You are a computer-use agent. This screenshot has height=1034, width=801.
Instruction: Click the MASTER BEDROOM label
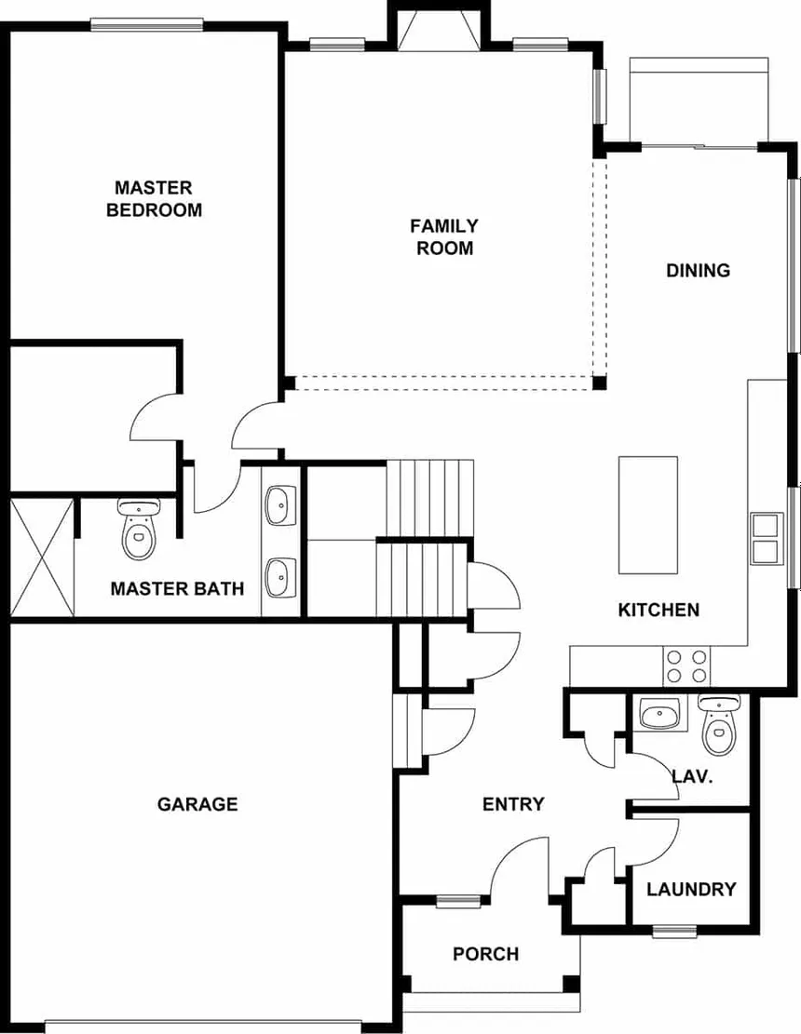click(154, 198)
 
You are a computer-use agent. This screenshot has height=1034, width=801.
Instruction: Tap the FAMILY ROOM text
click(444, 236)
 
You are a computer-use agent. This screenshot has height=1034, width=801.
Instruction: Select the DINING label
click(698, 271)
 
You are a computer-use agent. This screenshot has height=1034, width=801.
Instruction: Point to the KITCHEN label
click(658, 611)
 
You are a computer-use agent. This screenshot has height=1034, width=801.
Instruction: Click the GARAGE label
click(197, 804)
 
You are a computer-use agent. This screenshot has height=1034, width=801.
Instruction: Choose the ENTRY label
click(513, 804)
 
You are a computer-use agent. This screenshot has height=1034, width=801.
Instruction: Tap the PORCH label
click(485, 954)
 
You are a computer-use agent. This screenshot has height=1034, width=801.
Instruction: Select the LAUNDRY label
click(691, 889)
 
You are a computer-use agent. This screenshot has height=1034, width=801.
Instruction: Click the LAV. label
click(692, 776)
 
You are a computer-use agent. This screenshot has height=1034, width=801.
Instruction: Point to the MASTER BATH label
click(177, 588)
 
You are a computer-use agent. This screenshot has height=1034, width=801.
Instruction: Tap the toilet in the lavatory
click(719, 725)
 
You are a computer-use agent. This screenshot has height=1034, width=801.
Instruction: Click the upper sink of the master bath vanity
click(278, 506)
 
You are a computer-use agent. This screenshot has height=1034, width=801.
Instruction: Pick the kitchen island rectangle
click(648, 515)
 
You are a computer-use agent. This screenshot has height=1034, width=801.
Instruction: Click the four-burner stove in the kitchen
click(686, 666)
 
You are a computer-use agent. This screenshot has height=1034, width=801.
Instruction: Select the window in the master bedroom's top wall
click(146, 25)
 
